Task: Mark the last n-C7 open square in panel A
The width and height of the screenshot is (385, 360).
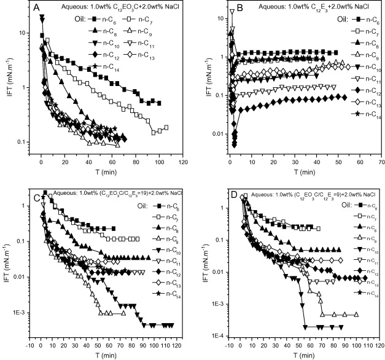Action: [166, 127]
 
